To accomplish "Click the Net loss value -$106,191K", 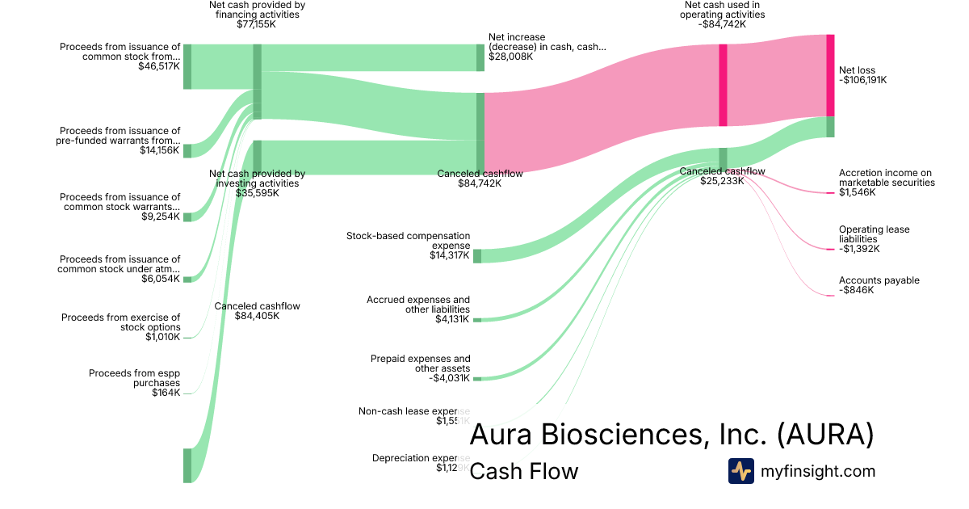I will click(862, 80).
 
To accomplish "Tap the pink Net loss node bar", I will click(830, 75).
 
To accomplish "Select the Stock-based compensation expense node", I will click(477, 256).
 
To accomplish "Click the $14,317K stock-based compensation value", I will click(450, 255).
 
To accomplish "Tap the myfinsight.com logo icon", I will click(740, 471).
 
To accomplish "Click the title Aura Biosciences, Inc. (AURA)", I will click(671, 435).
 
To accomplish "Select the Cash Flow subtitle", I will click(523, 471).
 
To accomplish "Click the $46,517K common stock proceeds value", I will click(159, 67).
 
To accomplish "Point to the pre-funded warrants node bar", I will click(187, 151).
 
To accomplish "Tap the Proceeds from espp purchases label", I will click(134, 378).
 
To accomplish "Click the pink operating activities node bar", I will click(723, 85).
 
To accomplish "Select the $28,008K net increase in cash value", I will click(510, 57).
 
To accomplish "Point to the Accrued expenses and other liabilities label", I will click(418, 305).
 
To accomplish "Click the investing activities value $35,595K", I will click(257, 193).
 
